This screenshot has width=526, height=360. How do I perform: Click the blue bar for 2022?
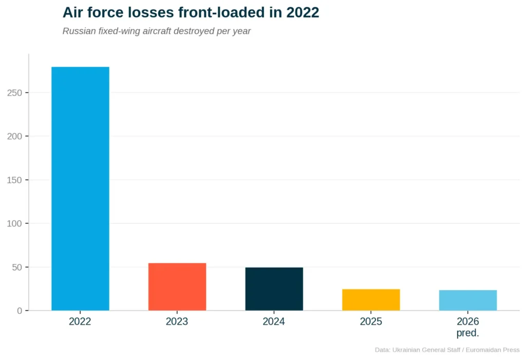pyautogui.click(x=80, y=188)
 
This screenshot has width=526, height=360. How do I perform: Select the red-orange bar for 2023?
pyautogui.click(x=177, y=287)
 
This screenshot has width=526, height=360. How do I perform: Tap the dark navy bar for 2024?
pyautogui.click(x=274, y=289)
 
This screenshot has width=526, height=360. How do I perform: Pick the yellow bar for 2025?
pyautogui.click(x=371, y=299)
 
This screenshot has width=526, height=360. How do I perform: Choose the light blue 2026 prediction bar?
pyautogui.click(x=467, y=300)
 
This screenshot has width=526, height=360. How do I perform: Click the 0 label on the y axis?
pyautogui.click(x=20, y=311)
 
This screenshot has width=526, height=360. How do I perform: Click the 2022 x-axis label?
pyautogui.click(x=80, y=322)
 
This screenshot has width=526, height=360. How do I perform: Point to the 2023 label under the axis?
pyautogui.click(x=177, y=322)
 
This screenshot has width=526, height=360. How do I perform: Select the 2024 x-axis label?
pyautogui.click(x=274, y=322)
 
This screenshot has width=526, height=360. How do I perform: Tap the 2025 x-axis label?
pyautogui.click(x=371, y=322)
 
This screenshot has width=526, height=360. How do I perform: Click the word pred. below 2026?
pyautogui.click(x=467, y=333)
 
